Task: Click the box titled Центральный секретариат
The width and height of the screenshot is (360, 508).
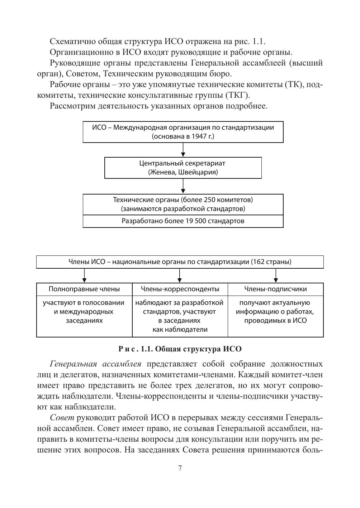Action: pyautogui.click(x=183, y=168)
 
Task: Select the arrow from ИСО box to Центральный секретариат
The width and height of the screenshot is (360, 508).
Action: pyautogui.click(x=183, y=150)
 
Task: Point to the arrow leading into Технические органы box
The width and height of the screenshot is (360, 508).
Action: pyautogui.click(x=183, y=186)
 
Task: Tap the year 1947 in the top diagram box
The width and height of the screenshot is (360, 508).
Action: pyautogui.click(x=199, y=136)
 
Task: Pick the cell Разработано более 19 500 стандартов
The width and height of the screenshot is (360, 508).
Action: pyautogui.click(x=183, y=221)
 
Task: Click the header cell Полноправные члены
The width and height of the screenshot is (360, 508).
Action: pyautogui.click(x=84, y=289)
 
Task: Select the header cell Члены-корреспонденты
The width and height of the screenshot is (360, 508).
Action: pyautogui.click(x=180, y=289)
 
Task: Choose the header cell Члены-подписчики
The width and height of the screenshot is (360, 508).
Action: pyautogui.click(x=275, y=289)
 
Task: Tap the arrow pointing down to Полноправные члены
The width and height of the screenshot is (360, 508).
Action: pyautogui.click(x=84, y=275)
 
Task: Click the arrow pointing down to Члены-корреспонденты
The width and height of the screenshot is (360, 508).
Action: pyautogui.click(x=180, y=275)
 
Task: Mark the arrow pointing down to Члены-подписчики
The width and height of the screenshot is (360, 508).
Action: pyautogui.click(x=275, y=275)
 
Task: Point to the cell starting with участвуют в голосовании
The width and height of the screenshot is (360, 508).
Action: pyautogui.click(x=84, y=312)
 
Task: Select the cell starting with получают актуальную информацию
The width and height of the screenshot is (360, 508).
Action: pyautogui.click(x=275, y=312)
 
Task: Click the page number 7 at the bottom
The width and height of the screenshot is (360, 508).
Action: pyautogui.click(x=180, y=468)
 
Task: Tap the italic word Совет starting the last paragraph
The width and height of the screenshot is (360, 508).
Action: pyautogui.click(x=62, y=418)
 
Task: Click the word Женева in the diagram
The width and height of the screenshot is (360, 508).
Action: pyautogui.click(x=162, y=172)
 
